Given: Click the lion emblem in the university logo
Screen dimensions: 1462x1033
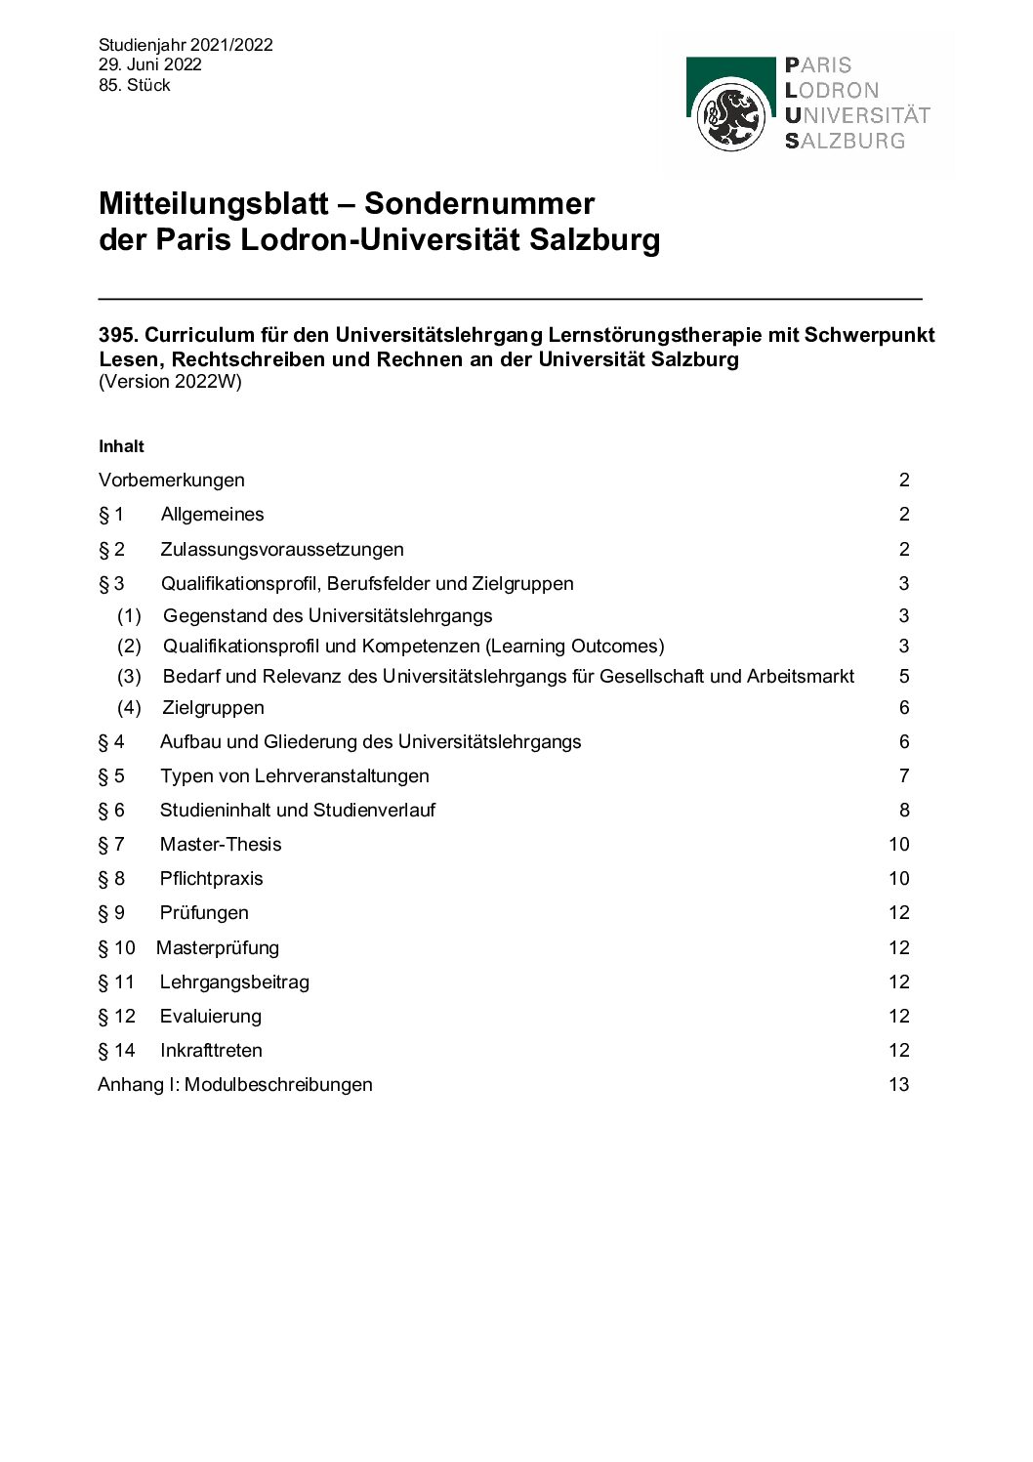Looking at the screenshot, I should point(730,116).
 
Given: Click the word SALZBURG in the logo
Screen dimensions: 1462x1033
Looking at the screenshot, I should point(846,141).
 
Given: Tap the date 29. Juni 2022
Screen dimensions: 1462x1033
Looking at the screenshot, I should point(149,64).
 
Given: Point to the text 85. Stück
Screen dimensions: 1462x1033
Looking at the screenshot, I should point(134,85).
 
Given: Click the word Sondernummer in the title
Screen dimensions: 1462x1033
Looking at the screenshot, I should point(478,203).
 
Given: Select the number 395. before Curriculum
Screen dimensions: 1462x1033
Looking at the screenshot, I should point(118,335).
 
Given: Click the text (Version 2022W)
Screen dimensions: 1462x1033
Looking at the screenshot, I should point(170,382).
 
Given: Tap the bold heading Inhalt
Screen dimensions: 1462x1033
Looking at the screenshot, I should point(121,446).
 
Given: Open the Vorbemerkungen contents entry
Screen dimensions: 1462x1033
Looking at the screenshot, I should point(172,480).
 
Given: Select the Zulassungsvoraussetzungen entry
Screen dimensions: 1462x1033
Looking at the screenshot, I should point(281,549).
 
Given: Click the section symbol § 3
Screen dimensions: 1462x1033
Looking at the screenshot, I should point(111,583).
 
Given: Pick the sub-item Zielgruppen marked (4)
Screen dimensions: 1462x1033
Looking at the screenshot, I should point(213,707).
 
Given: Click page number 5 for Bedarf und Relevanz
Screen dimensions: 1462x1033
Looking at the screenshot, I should point(904,676).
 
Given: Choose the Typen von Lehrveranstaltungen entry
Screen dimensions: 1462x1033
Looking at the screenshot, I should point(294,775).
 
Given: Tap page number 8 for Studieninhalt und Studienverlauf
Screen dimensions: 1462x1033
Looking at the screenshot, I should point(904,810).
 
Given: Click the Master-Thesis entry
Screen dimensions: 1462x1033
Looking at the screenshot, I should point(221,844).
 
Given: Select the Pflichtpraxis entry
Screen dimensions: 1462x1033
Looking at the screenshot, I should point(211,878).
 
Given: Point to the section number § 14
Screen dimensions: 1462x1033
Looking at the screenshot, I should point(116,1050).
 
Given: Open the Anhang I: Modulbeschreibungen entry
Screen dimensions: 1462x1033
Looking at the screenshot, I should point(235,1084).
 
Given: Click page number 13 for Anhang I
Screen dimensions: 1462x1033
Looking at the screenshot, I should point(898,1084).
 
